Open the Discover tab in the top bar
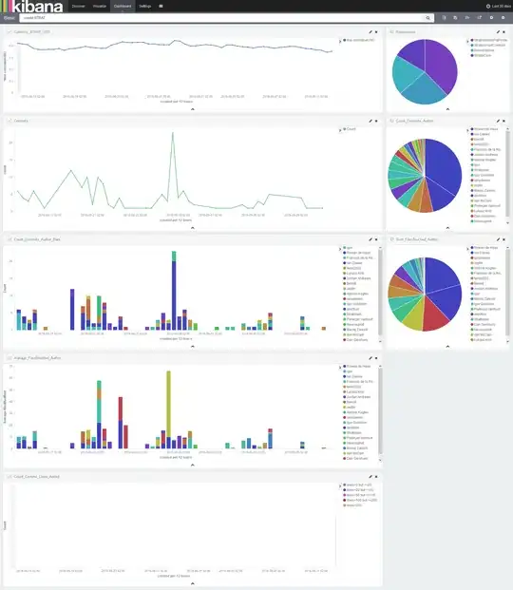click(80, 6)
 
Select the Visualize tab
click(101, 6)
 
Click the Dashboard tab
click(123, 6)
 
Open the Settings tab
click(144, 6)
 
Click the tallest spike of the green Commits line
click(173, 133)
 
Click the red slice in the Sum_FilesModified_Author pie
click(429, 310)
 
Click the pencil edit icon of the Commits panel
click(370, 121)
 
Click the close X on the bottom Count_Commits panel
click(377, 477)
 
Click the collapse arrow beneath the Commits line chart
click(193, 228)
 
